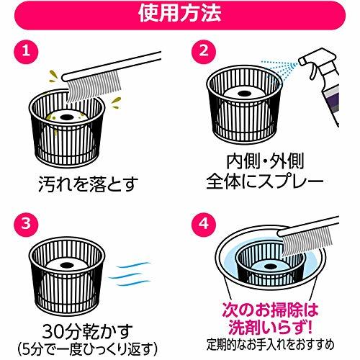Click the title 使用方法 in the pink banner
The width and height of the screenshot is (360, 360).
pyautogui.click(x=180, y=13)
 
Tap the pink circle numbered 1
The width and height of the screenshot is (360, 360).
pyautogui.click(x=26, y=51)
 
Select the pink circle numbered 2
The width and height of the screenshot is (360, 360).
pyautogui.click(x=204, y=51)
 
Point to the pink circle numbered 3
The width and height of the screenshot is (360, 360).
pyautogui.click(x=26, y=224)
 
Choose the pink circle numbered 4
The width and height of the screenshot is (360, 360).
pyautogui.click(x=204, y=224)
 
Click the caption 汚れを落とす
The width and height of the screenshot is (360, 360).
pyautogui.click(x=89, y=184)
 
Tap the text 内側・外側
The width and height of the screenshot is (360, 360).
pyautogui.click(x=265, y=161)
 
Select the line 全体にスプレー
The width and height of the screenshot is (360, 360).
pyautogui.click(x=265, y=181)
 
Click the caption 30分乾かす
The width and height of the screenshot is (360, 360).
pyautogui.click(x=88, y=332)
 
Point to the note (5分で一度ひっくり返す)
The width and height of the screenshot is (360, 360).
pyautogui.click(x=88, y=349)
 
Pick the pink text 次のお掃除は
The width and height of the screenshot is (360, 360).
pyautogui.click(x=270, y=310)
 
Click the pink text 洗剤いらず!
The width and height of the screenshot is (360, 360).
pyautogui.click(x=270, y=327)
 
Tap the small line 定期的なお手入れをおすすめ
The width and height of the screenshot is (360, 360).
pyautogui.click(x=270, y=345)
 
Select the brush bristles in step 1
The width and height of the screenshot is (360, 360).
pyautogui.click(x=94, y=86)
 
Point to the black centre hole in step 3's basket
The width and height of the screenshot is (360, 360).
pyautogui.click(x=66, y=265)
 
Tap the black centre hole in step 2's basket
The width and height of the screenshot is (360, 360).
pyautogui.click(x=244, y=93)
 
